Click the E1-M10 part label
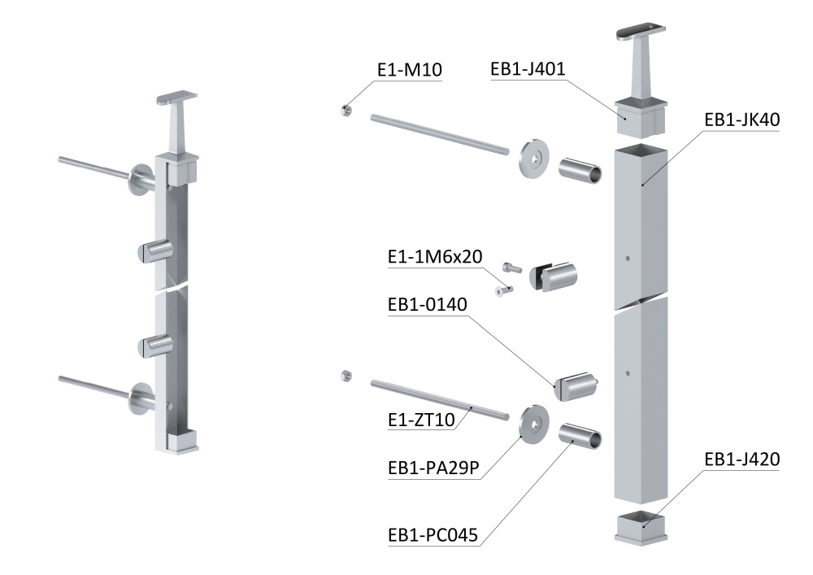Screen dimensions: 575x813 (409, 71)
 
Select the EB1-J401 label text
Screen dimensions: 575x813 (528, 69)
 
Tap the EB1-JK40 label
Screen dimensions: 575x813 (742, 120)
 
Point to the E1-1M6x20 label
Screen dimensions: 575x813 (434, 257)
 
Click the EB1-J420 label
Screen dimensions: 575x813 (742, 460)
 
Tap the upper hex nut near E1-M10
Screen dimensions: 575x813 (345, 110)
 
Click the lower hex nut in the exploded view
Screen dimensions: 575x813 (345, 375)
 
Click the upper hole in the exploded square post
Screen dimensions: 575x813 (627, 258)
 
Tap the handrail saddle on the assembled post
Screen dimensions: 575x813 (176, 118)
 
